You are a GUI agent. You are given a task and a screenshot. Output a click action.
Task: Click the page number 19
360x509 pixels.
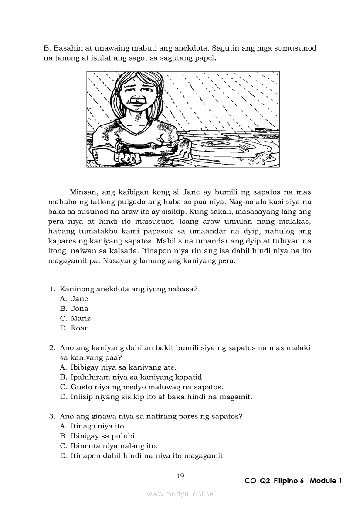point(180,475)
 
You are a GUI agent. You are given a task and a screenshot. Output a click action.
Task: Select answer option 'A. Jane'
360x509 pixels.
point(74,299)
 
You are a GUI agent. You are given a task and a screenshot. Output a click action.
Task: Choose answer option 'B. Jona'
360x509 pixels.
point(74,308)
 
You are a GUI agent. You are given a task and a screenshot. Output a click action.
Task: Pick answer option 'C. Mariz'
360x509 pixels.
point(75,318)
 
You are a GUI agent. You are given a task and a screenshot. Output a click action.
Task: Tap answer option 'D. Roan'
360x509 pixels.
point(75,328)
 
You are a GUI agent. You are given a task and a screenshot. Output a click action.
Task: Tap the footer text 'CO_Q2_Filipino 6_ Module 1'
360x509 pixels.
point(293,481)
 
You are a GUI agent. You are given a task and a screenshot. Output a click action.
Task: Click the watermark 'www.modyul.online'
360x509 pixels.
point(180,494)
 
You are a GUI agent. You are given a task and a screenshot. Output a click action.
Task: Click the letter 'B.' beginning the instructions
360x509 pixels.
point(47,48)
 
